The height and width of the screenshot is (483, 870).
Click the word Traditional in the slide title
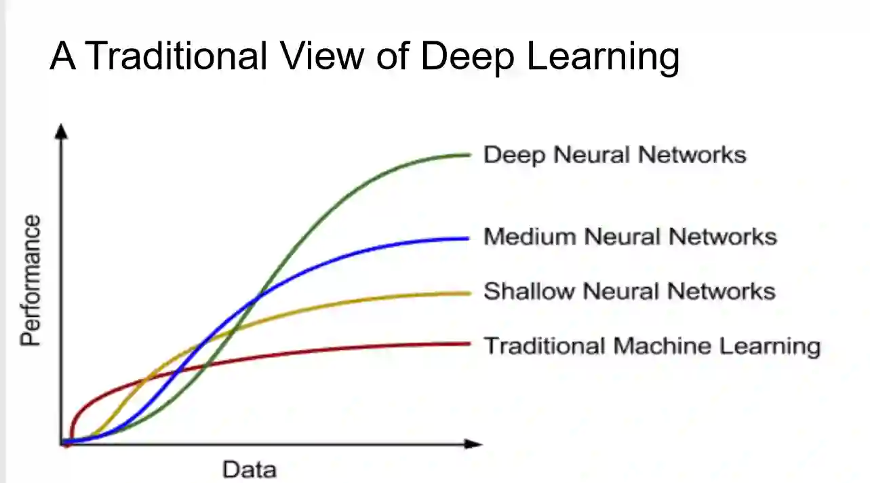tap(176, 56)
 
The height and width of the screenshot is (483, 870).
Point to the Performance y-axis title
tap(31, 281)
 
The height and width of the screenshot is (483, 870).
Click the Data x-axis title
tap(249, 469)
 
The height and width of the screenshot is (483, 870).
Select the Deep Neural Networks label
tap(614, 155)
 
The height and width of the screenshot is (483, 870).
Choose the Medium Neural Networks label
tap(629, 237)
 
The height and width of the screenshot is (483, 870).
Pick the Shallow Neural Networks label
tap(629, 291)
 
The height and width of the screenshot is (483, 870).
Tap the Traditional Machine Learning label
tap(652, 345)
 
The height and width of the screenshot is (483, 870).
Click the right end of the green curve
tap(468, 155)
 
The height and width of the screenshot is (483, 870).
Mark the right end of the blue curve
tap(468, 238)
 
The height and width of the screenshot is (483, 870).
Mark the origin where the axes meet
tap(62, 444)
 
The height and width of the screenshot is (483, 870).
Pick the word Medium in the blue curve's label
tap(529, 237)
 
